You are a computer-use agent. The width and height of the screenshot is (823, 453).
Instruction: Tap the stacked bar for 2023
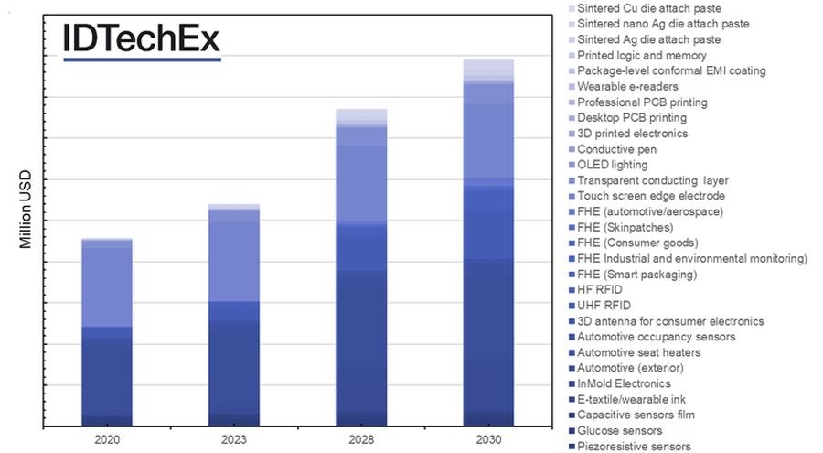[x=234, y=316]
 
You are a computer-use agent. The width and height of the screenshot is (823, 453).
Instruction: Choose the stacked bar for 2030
[x=488, y=243]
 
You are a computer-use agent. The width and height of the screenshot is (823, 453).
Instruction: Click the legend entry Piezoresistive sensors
[x=634, y=446]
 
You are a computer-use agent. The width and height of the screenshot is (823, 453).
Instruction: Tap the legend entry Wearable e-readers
[x=627, y=87]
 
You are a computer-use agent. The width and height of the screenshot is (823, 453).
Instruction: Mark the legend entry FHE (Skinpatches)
[x=625, y=227]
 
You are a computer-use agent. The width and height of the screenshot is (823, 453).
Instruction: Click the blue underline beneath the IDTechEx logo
[x=142, y=59]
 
